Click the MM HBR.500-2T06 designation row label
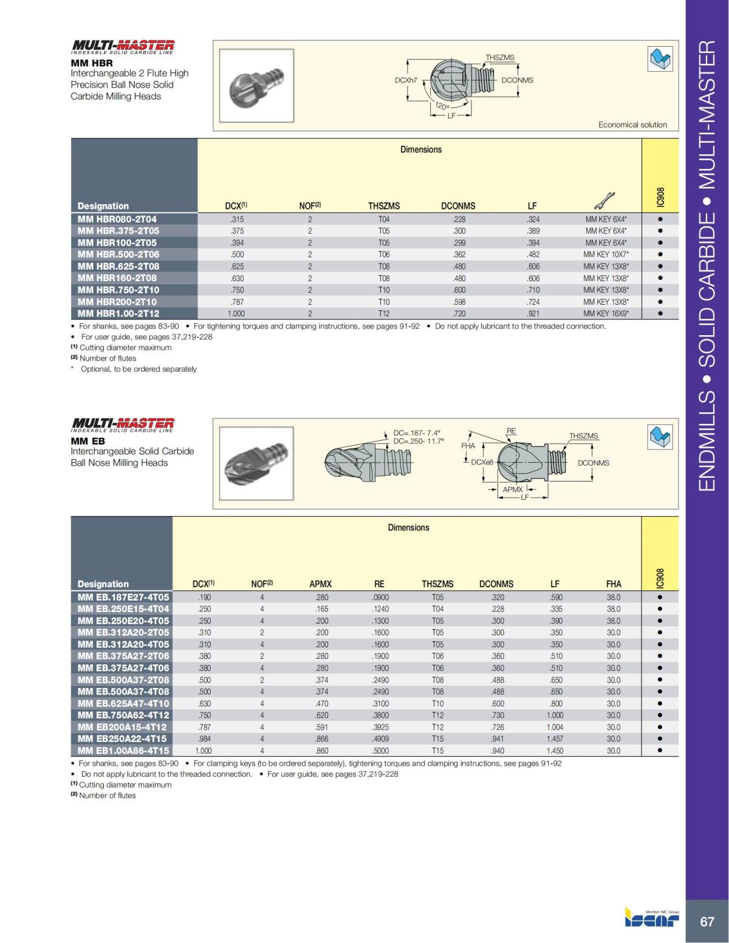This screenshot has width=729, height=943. (x=118, y=254)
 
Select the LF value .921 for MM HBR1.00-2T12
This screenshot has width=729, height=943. (x=533, y=313)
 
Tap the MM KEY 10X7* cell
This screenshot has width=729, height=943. (x=606, y=254)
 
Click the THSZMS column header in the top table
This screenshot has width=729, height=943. (x=384, y=206)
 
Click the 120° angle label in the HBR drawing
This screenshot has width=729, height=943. (x=442, y=106)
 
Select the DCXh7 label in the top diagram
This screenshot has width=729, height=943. (x=406, y=80)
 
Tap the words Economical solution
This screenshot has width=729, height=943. (x=632, y=124)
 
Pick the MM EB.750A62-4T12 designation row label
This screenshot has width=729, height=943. (x=123, y=715)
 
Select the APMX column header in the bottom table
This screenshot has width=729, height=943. (x=321, y=584)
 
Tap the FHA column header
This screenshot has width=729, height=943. (x=614, y=584)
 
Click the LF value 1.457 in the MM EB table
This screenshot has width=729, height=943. (x=554, y=739)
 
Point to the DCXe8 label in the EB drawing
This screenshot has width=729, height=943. (x=482, y=463)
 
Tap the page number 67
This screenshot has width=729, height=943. (x=707, y=922)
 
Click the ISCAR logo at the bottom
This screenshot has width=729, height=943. (x=652, y=919)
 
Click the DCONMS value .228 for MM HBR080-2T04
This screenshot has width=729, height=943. (x=459, y=219)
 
